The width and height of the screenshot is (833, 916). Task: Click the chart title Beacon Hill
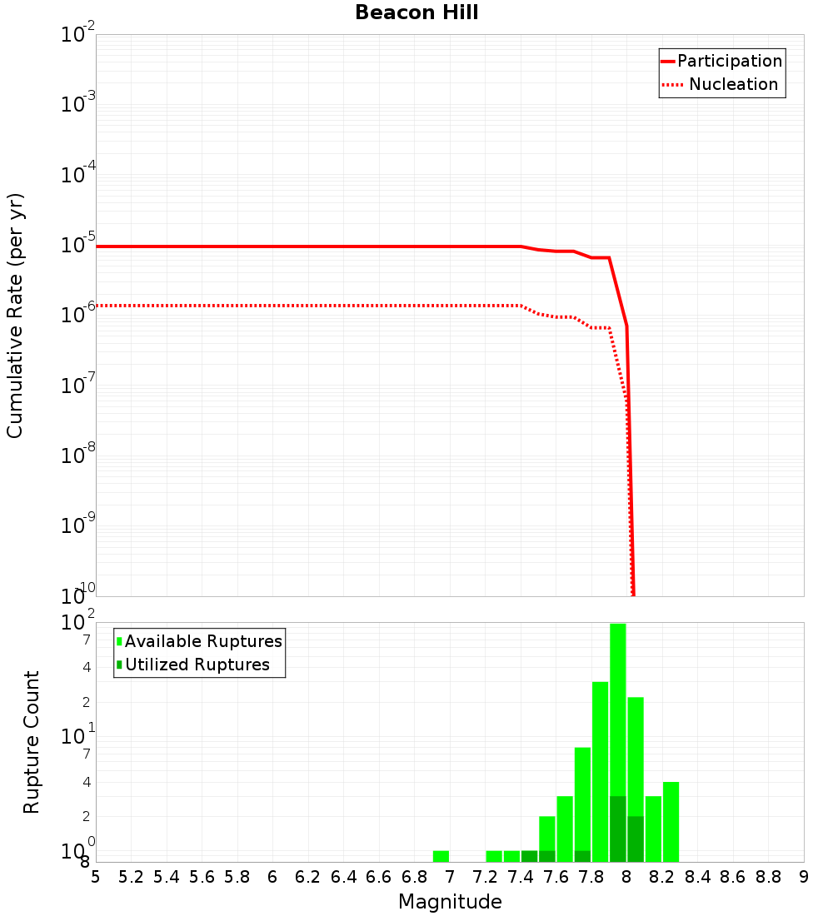click(416, 12)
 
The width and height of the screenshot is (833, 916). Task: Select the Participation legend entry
click(729, 61)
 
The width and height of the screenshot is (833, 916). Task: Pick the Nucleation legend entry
click(732, 84)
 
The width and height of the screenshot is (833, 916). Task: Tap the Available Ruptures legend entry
click(202, 641)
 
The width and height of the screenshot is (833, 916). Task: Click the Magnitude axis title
click(450, 901)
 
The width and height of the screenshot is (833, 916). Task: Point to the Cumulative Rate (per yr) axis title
click(15, 316)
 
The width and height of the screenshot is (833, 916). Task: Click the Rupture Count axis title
click(32, 742)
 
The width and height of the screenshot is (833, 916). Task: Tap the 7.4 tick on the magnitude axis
click(521, 877)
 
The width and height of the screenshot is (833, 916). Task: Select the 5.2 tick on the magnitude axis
click(131, 877)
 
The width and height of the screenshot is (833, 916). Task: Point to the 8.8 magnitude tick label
click(768, 877)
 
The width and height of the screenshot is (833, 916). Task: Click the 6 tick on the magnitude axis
click(272, 877)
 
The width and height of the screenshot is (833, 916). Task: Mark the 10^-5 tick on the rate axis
click(79, 245)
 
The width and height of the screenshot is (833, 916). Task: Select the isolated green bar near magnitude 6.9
click(441, 856)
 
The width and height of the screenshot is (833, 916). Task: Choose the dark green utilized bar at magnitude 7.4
click(529, 856)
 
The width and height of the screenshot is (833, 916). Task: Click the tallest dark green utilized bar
click(617, 829)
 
